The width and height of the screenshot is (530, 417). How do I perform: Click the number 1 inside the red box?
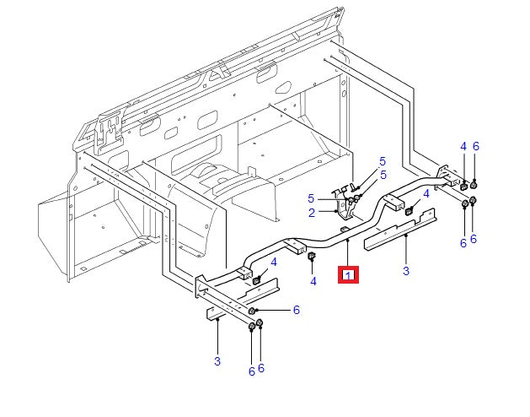coord(348,275)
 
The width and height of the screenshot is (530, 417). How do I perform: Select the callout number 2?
coord(312,213)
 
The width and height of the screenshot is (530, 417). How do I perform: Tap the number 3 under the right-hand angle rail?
coord(405,271)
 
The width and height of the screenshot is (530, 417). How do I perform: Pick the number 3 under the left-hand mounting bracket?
coord(217,361)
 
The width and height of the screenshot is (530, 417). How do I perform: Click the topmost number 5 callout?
coord(382,161)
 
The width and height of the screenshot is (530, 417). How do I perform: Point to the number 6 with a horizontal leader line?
coord(296,311)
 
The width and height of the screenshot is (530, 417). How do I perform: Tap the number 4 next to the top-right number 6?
coord(463,147)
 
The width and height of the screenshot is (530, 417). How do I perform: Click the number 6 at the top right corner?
coord(475,147)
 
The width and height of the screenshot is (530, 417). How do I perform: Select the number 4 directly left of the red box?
coord(313,280)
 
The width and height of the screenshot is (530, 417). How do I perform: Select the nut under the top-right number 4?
coord(463,182)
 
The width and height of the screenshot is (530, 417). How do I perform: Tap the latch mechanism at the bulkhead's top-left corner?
coord(108,127)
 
